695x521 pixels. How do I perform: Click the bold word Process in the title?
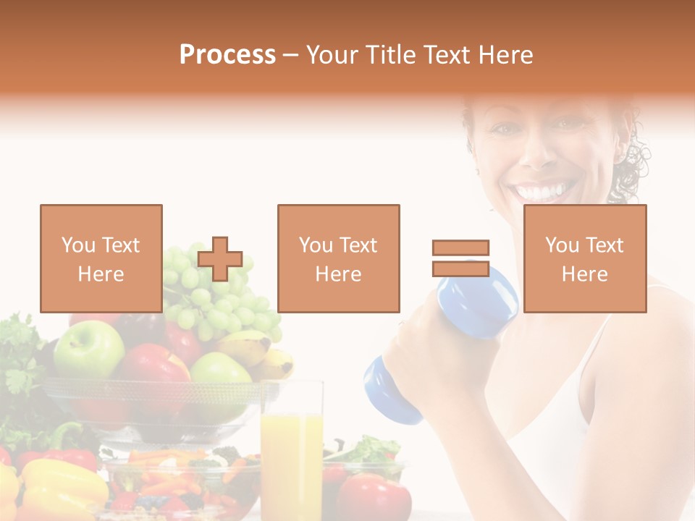coord(227,55)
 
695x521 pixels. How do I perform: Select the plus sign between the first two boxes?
coord(220,259)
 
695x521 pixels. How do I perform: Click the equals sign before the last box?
coord(460,258)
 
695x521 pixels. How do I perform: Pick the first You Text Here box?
coord(101,258)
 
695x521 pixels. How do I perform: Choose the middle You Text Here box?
coord(338,258)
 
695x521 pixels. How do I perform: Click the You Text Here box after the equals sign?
coord(584,258)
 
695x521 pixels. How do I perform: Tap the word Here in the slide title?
coord(505,55)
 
